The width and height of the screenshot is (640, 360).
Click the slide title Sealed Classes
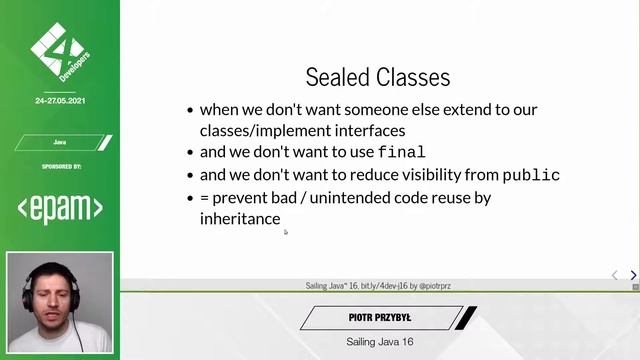(377, 77)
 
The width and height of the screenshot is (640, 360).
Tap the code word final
(402, 153)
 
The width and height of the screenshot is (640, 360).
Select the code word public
(530, 175)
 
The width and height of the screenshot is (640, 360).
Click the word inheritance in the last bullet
(240, 218)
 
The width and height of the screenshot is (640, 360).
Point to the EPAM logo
(60, 207)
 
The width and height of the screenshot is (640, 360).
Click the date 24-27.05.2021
(60, 101)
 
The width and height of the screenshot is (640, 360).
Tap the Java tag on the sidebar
(60, 142)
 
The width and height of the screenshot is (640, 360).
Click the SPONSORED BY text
(60, 166)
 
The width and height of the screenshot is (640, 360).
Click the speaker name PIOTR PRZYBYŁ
(380, 318)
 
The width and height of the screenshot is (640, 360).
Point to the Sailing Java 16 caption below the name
(380, 342)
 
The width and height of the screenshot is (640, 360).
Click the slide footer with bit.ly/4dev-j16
(378, 286)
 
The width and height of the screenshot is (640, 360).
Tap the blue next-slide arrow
(633, 275)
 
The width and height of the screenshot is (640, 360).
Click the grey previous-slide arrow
(615, 275)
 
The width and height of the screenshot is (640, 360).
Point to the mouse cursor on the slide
(285, 232)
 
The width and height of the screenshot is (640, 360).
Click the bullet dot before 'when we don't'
(190, 110)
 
